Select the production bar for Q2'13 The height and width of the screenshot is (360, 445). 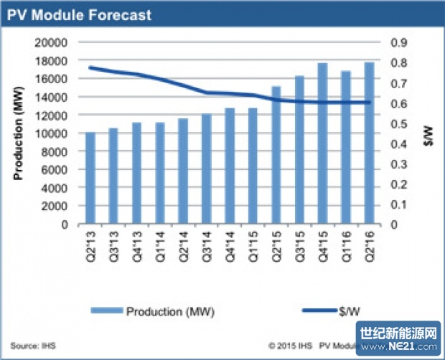[x=90, y=179]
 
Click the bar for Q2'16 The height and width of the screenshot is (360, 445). [x=369, y=143]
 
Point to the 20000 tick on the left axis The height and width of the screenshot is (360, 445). [x=52, y=42]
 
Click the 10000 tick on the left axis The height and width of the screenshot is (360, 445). [x=52, y=133]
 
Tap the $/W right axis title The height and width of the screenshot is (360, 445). [x=427, y=133]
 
